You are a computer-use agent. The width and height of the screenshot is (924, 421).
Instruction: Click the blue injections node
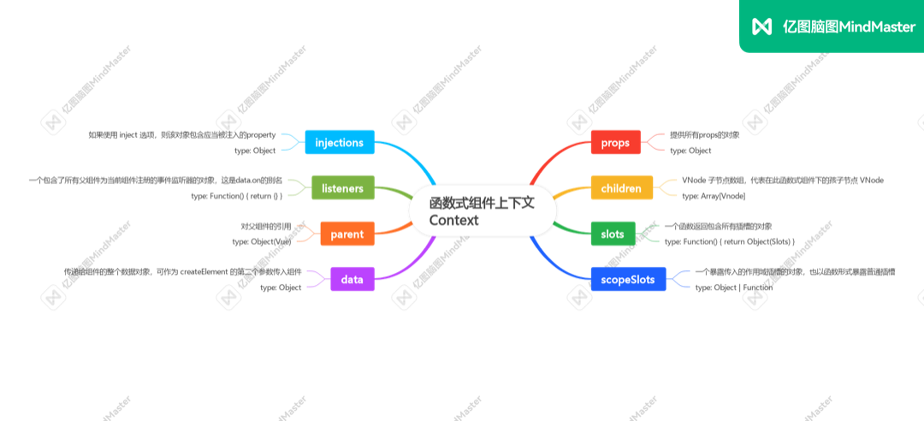(340, 142)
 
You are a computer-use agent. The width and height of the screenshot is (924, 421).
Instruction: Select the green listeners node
(343, 187)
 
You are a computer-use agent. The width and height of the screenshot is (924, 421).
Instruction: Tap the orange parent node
(347, 234)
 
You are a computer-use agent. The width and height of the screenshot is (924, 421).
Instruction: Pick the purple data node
(352, 279)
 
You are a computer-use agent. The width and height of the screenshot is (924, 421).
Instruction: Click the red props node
(615, 142)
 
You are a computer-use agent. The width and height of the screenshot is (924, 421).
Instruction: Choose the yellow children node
(621, 187)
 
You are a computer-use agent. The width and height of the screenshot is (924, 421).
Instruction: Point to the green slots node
(613, 234)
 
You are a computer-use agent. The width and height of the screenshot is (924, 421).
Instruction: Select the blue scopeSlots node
(628, 279)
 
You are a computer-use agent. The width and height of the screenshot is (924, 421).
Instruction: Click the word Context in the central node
(454, 221)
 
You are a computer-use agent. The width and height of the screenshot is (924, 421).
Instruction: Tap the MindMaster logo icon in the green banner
(761, 27)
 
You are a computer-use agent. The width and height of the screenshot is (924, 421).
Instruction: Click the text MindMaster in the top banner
(877, 27)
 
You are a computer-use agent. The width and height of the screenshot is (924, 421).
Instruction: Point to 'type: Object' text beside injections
(255, 151)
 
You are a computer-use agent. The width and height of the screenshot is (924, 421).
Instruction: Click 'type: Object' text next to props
(690, 151)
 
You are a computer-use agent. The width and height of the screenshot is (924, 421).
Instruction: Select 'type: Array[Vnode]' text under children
(714, 196)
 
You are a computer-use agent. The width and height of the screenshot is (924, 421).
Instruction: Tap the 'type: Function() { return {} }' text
(236, 196)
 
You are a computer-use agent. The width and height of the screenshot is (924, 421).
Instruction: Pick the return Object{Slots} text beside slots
(757, 242)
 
